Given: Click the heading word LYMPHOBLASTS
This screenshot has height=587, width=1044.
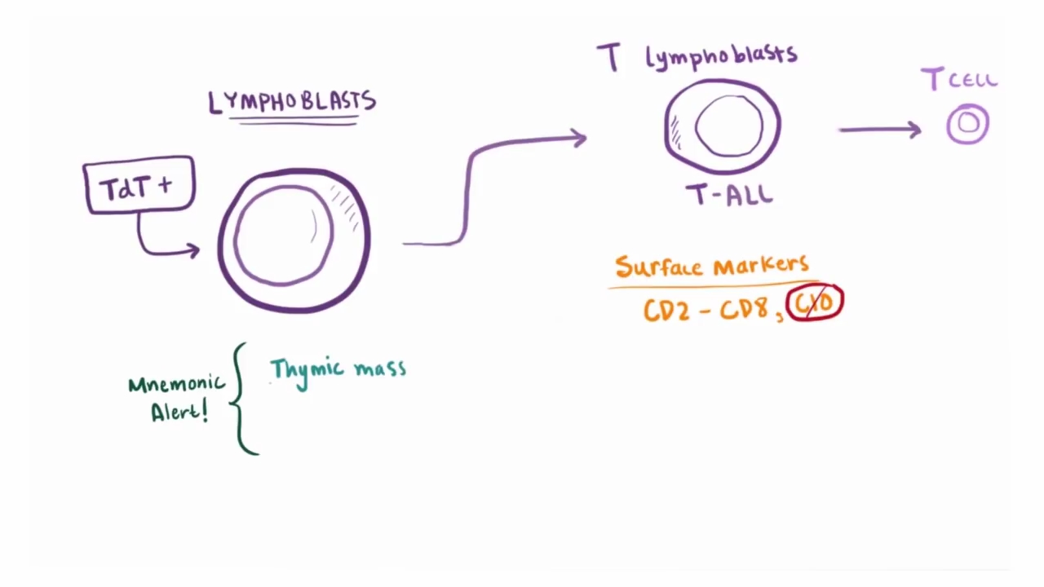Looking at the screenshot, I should pyautogui.click(x=292, y=102).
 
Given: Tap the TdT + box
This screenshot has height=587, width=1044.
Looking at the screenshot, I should pyautogui.click(x=139, y=187).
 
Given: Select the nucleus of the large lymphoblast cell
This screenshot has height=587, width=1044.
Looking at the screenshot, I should pyautogui.click(x=283, y=235).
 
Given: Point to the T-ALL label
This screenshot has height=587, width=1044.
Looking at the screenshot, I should pyautogui.click(x=729, y=196).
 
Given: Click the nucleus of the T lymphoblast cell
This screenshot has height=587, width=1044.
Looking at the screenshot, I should pyautogui.click(x=729, y=126).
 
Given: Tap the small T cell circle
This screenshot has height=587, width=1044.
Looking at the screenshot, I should pyautogui.click(x=968, y=124).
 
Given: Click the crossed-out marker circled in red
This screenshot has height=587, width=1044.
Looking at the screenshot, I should pyautogui.click(x=815, y=302).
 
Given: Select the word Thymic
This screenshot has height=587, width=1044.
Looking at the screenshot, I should pyautogui.click(x=306, y=370).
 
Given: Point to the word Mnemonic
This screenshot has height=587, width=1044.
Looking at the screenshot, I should pyautogui.click(x=175, y=383).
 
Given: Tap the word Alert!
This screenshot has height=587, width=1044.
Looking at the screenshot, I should pyautogui.click(x=179, y=411).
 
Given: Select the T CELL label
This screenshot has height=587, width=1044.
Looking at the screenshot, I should pyautogui.click(x=959, y=80).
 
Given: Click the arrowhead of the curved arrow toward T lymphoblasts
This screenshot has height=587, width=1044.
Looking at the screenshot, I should pyautogui.click(x=578, y=139).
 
